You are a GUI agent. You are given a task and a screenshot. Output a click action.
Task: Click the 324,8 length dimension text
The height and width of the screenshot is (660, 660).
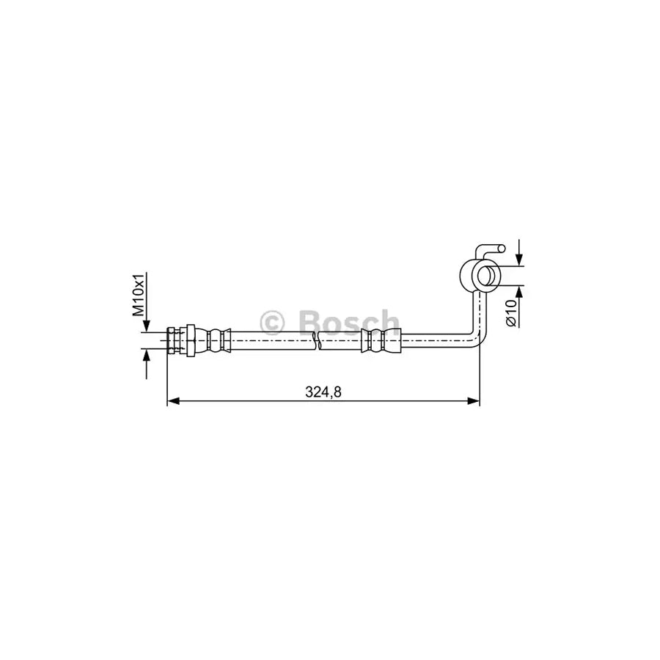323,392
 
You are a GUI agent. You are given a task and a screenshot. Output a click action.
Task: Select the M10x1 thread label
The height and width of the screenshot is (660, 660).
139,295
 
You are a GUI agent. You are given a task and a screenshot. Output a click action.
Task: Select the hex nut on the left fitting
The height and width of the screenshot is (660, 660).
188,341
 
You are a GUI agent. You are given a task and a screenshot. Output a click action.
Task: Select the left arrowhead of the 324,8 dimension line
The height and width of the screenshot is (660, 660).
173,401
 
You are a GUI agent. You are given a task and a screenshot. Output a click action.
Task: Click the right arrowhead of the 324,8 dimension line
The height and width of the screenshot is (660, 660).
474,401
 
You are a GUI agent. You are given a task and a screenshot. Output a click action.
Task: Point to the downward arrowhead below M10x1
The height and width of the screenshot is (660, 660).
147,326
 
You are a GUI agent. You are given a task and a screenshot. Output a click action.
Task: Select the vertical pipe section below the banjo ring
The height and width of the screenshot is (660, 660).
479,312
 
